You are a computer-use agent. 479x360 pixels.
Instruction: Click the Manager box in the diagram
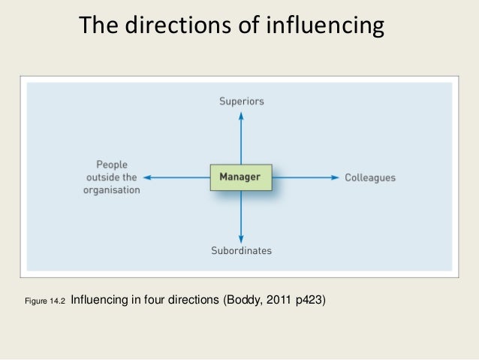click(240, 177)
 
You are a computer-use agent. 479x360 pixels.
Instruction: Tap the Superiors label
click(241, 101)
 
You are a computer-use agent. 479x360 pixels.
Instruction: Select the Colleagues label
click(370, 178)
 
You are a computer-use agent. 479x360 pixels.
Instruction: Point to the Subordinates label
click(241, 250)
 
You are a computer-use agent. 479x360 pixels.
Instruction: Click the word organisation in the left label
click(111, 190)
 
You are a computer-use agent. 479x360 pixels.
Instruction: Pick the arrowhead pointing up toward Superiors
click(241, 115)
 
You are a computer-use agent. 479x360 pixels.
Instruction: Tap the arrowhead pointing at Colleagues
click(336, 177)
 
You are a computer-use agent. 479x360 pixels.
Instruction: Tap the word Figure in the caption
click(36, 301)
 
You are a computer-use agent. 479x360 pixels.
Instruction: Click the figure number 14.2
click(58, 301)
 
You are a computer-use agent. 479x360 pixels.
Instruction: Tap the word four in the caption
click(158, 301)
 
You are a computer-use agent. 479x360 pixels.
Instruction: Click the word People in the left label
click(112, 164)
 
